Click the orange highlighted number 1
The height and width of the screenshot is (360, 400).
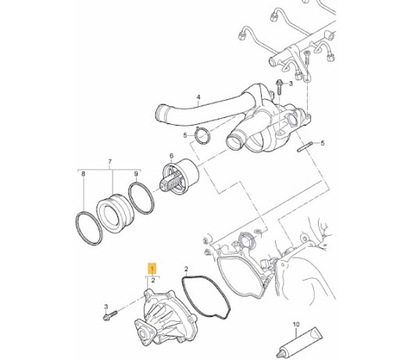(x=152, y=268)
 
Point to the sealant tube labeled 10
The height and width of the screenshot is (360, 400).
(x=299, y=341)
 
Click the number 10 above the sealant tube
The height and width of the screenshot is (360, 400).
(x=296, y=324)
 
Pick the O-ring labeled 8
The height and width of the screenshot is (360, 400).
(x=88, y=228)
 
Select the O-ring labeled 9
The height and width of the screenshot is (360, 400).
(x=141, y=198)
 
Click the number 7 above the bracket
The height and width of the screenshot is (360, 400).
(x=110, y=162)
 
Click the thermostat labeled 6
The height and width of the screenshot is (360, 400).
(x=179, y=176)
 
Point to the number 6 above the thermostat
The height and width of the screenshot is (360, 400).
(x=172, y=156)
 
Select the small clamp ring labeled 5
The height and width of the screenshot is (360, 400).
(x=201, y=137)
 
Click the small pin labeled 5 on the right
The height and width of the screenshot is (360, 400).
(x=305, y=147)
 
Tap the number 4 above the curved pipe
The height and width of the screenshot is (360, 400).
(x=199, y=98)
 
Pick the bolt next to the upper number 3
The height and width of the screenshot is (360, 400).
(x=279, y=86)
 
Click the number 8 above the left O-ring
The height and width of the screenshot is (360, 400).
(x=83, y=174)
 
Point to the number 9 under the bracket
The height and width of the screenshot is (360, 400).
(x=136, y=174)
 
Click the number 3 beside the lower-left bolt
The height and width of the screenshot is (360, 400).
(x=106, y=306)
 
